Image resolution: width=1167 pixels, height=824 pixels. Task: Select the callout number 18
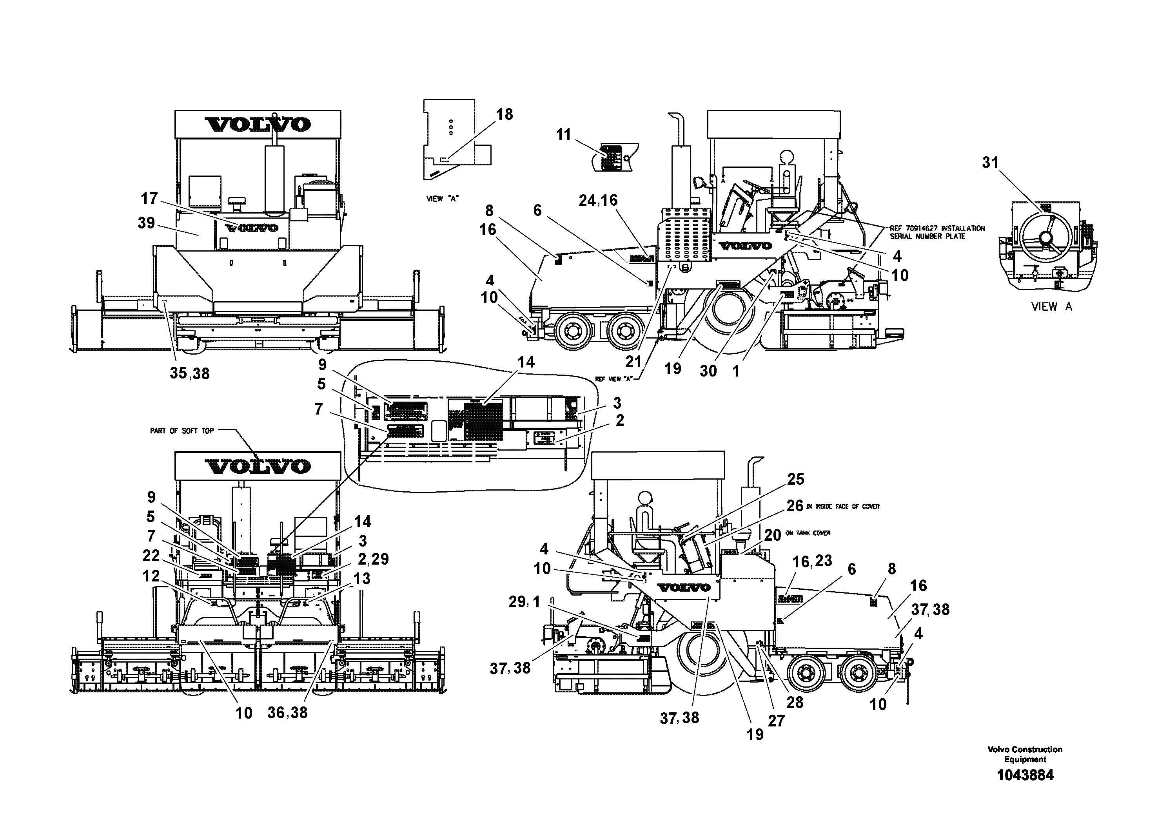point(504,114)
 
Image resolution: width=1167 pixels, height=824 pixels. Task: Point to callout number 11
point(564,135)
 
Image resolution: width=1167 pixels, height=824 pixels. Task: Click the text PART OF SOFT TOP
point(181,431)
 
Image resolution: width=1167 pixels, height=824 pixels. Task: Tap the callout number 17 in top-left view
point(149,198)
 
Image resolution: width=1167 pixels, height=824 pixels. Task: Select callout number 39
point(146,223)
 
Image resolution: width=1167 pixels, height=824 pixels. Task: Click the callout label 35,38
point(190,373)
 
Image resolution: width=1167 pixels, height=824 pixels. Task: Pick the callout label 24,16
point(598,201)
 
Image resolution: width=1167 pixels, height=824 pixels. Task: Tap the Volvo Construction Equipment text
point(1025,754)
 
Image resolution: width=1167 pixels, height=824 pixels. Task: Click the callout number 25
point(795,479)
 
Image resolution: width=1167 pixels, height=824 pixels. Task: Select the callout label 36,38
point(288,713)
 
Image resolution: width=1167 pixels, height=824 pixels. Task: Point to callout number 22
point(151,556)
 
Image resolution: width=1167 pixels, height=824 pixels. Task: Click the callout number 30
point(708,371)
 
